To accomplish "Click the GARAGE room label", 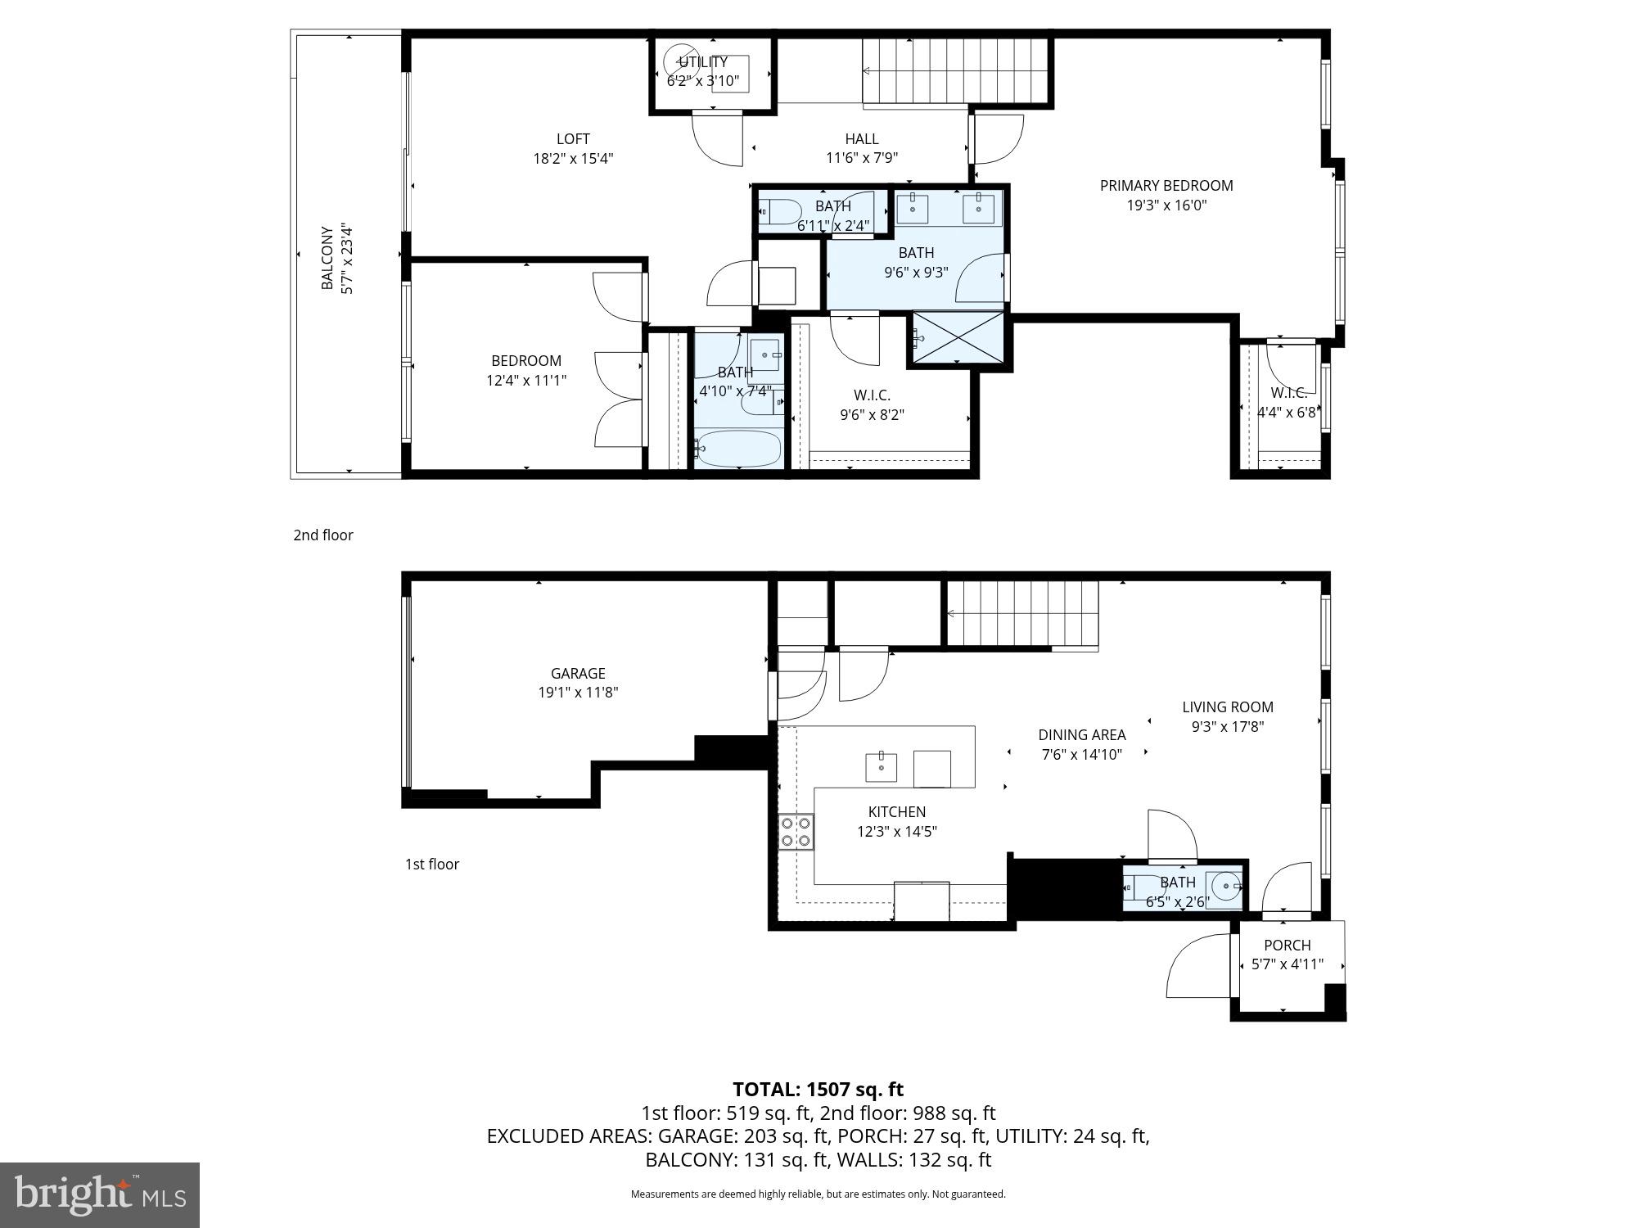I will tap(578, 673).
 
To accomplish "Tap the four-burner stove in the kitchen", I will tap(796, 831).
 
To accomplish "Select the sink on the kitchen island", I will tap(881, 767).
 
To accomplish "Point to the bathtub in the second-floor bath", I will tap(738, 449).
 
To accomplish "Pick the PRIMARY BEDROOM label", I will tap(1166, 186).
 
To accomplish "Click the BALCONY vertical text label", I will tap(327, 258).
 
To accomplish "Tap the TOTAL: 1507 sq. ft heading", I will tap(818, 1089).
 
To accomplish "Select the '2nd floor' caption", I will tap(323, 535).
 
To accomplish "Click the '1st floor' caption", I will tap(432, 864).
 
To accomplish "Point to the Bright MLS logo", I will tap(100, 1195).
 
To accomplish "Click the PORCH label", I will tap(1287, 945).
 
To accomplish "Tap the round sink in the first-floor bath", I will tap(1225, 885).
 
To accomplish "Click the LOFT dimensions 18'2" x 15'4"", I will tap(573, 159).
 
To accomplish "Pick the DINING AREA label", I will tap(1081, 735).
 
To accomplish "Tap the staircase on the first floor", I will tap(1023, 614).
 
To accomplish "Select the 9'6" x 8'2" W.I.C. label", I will tap(872, 405).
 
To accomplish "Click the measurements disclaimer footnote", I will tap(818, 1194).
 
